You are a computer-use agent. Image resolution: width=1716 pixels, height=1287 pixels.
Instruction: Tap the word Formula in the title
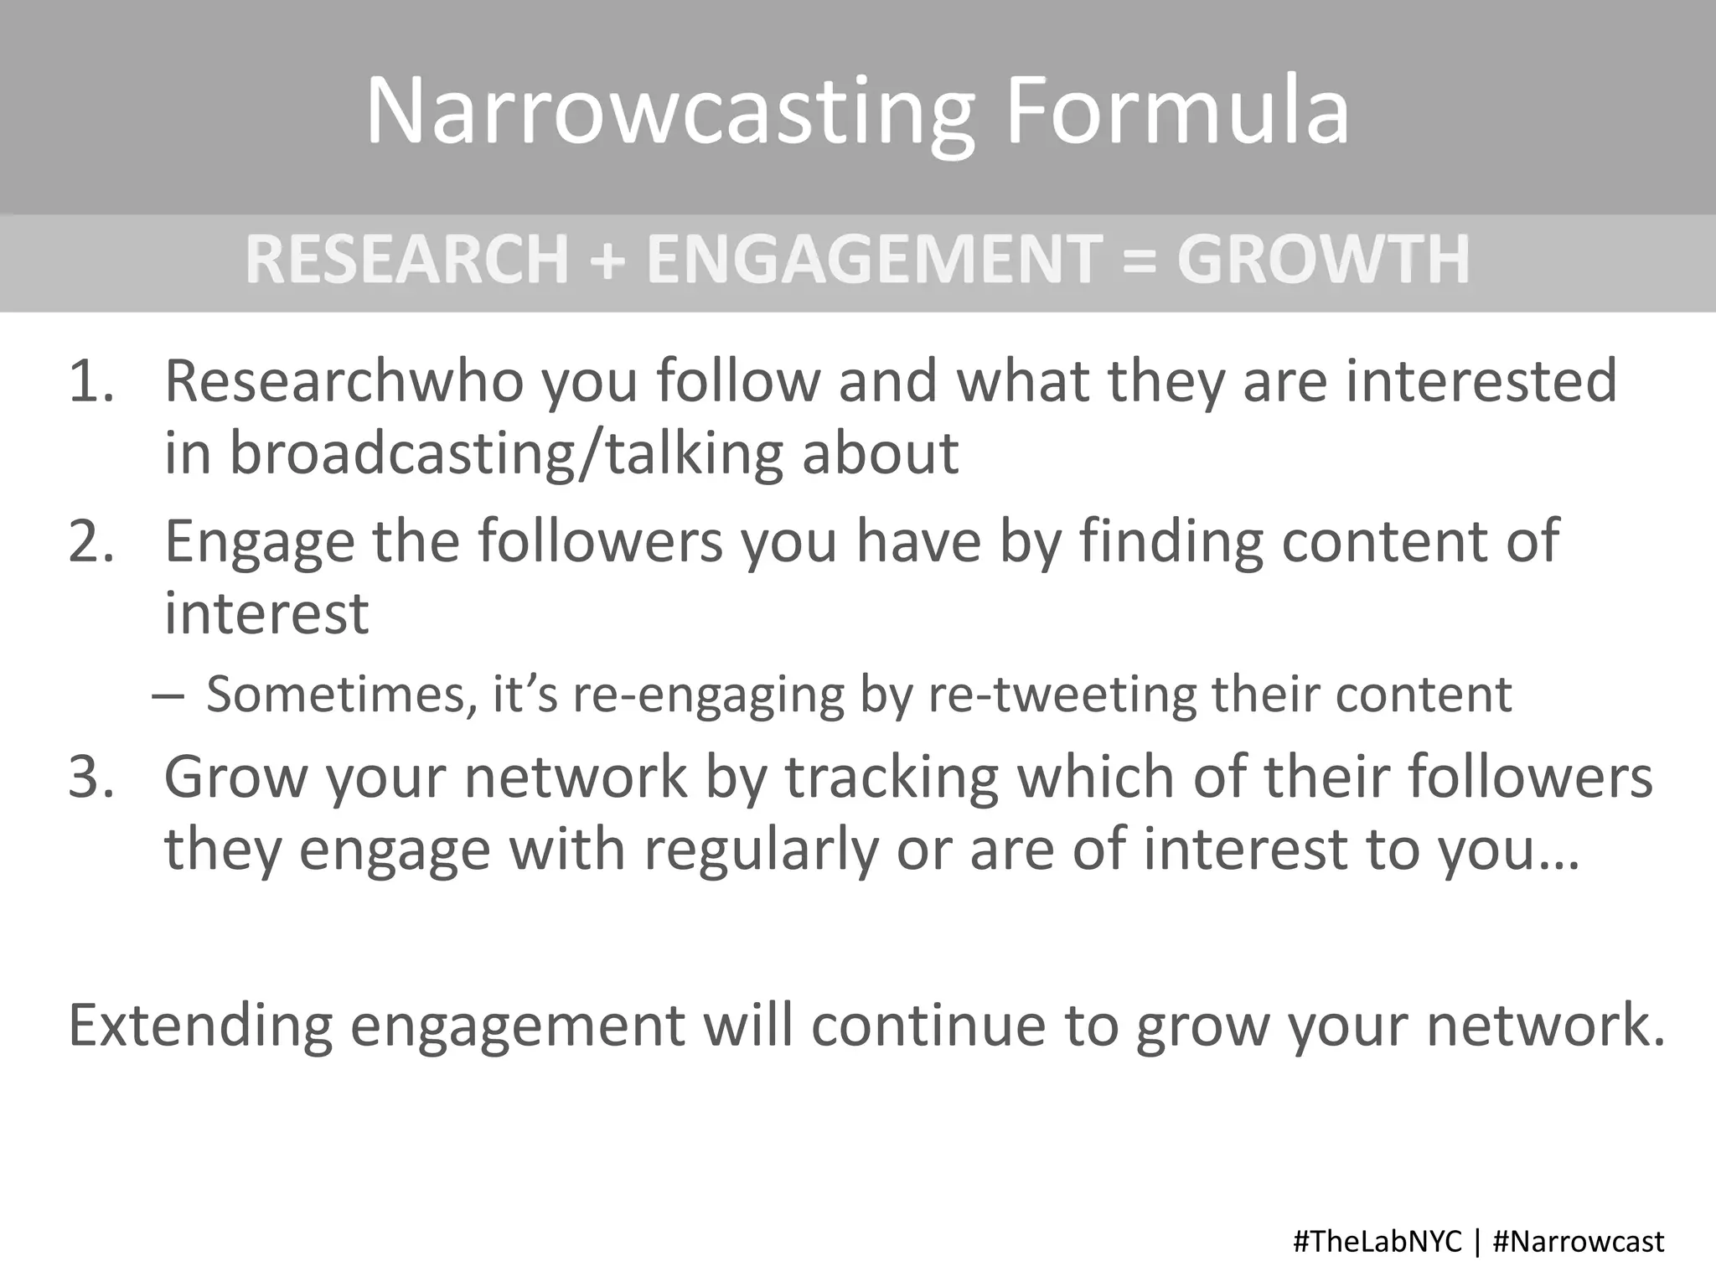point(1177,111)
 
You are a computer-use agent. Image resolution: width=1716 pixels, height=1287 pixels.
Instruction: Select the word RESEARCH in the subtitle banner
point(407,259)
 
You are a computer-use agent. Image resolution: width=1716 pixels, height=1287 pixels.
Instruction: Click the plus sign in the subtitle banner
point(607,261)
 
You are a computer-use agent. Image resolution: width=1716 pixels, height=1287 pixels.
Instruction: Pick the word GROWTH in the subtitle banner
point(1324,259)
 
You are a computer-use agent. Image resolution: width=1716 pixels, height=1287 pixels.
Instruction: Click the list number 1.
point(90,382)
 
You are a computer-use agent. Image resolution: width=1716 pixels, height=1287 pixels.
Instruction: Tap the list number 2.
point(90,542)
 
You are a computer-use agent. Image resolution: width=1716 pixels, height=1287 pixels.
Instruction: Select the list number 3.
point(90,778)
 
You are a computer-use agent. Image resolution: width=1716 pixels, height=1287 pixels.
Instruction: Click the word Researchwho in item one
point(344,382)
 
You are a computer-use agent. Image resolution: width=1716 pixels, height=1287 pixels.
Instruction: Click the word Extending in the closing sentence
point(200,1027)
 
